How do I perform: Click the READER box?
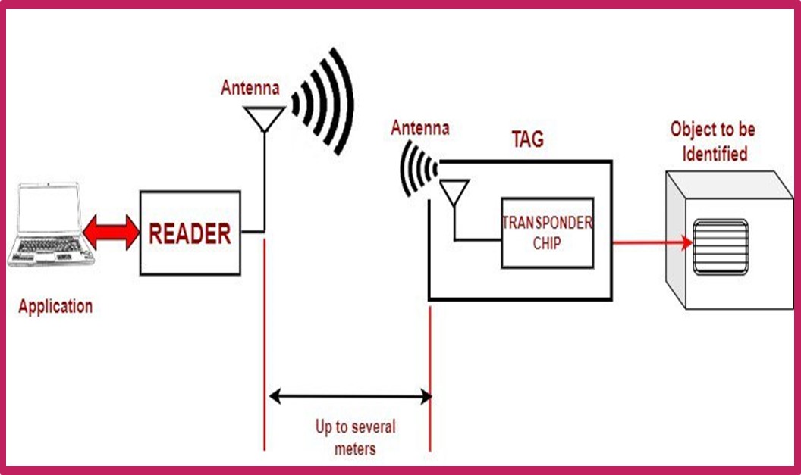[190, 233]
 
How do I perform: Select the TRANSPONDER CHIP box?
[547, 233]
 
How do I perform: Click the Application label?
[55, 307]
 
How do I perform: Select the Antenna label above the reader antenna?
[250, 88]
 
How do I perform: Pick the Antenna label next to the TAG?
[419, 128]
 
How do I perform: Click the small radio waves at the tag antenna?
[418, 168]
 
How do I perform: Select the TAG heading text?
[527, 139]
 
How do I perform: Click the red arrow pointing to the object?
[652, 243]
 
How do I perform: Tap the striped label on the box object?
[721, 247]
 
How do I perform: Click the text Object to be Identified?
[713, 142]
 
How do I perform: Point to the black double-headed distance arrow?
[350, 395]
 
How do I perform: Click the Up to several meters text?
[355, 437]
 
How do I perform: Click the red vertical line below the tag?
[430, 379]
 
